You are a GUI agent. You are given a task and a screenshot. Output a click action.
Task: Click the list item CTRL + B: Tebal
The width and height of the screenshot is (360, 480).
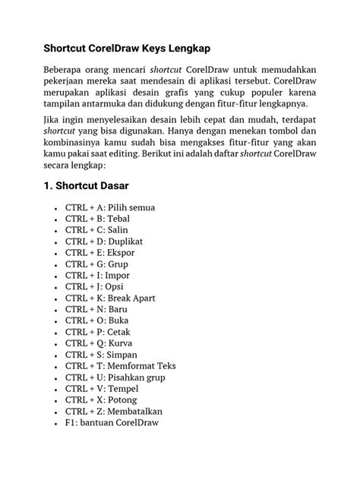click(x=97, y=218)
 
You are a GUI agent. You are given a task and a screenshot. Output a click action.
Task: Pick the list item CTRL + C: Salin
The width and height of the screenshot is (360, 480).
click(x=96, y=229)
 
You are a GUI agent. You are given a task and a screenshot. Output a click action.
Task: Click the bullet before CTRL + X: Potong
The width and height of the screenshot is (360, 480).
click(x=58, y=399)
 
